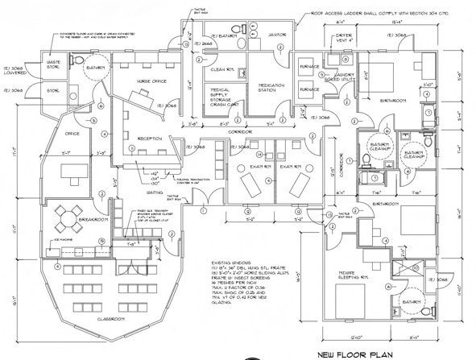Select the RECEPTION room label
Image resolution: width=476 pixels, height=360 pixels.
point(151,139)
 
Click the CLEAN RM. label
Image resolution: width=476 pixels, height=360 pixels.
point(221,69)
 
